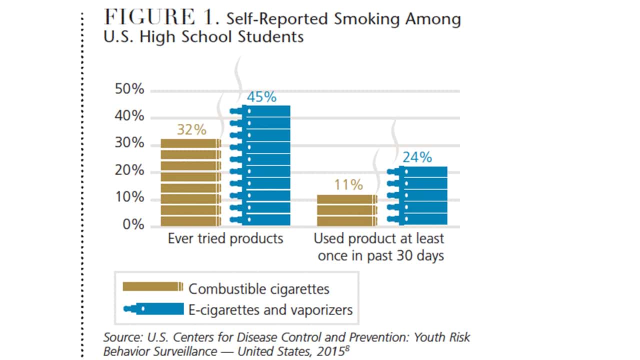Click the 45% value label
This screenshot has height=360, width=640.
point(261,97)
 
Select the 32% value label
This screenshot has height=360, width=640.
point(191,130)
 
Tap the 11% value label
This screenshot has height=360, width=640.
point(348,185)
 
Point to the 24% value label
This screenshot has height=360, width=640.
point(417,157)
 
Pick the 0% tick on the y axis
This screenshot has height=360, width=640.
point(133,225)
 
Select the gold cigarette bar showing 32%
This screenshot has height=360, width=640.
point(191,182)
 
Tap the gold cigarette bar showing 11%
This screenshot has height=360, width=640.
point(347,210)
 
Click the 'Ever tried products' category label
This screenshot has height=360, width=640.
point(225,238)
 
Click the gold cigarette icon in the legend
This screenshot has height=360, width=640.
point(153,286)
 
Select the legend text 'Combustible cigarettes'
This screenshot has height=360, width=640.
point(258,288)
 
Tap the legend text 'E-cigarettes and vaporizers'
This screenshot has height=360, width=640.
point(270,310)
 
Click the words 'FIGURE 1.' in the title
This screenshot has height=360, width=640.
point(161,18)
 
